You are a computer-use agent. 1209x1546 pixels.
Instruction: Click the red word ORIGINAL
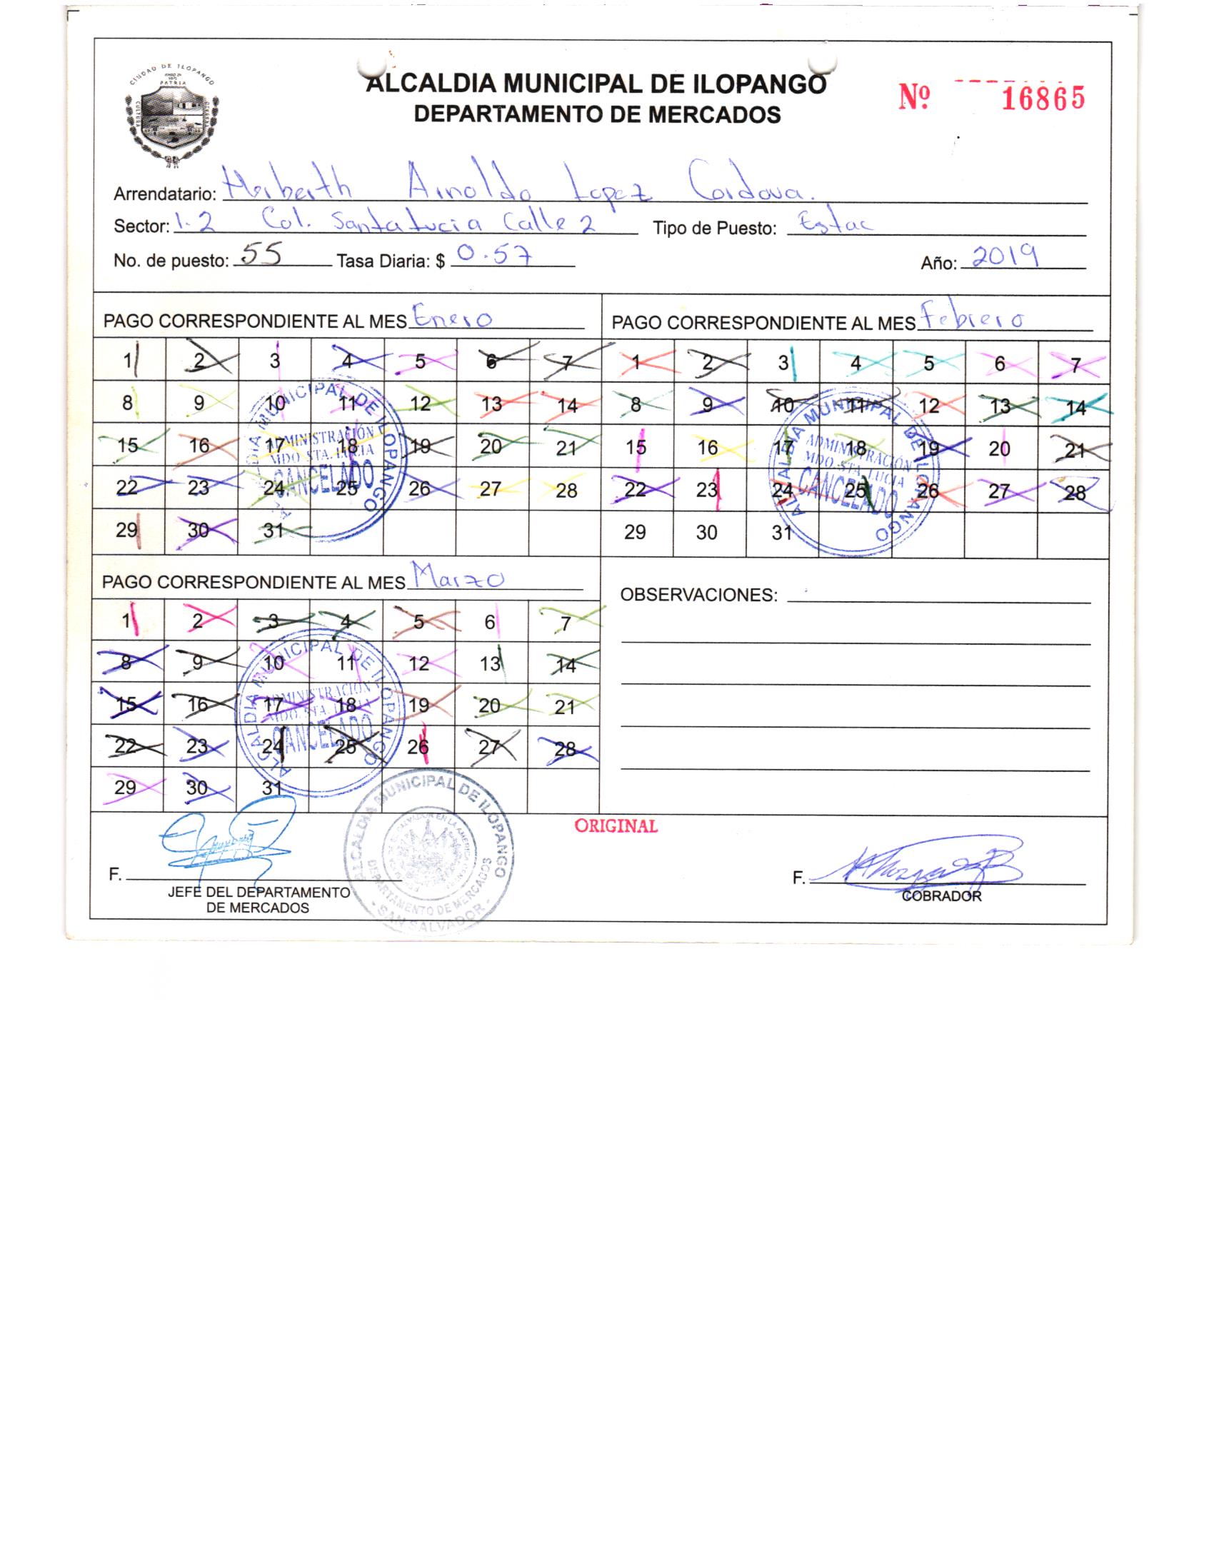coord(616,826)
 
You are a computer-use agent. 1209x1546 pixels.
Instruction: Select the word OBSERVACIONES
coord(698,595)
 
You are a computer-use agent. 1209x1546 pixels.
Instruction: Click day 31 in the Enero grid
coord(274,531)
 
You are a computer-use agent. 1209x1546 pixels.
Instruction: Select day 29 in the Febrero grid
coord(635,532)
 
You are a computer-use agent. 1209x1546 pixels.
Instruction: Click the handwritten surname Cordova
coord(746,184)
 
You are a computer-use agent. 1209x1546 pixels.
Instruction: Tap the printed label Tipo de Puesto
coord(714,229)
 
